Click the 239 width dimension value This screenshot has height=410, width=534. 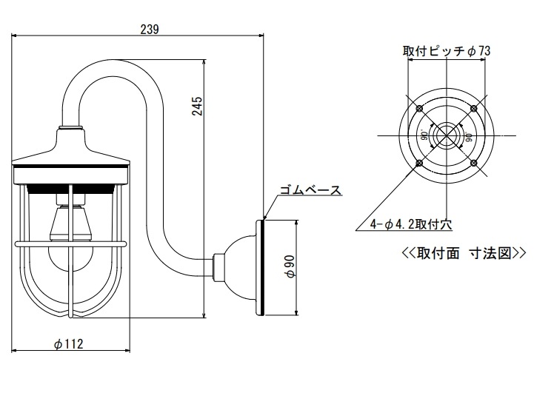150,30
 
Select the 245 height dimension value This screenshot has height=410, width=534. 198,106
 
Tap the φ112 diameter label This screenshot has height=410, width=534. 69,344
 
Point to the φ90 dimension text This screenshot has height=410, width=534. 290,266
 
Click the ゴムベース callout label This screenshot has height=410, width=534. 310,190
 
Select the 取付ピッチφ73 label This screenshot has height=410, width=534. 447,51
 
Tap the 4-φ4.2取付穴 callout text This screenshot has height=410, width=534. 411,224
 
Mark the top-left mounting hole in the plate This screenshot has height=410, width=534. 419,109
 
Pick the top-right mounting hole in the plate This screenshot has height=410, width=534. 473,109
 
